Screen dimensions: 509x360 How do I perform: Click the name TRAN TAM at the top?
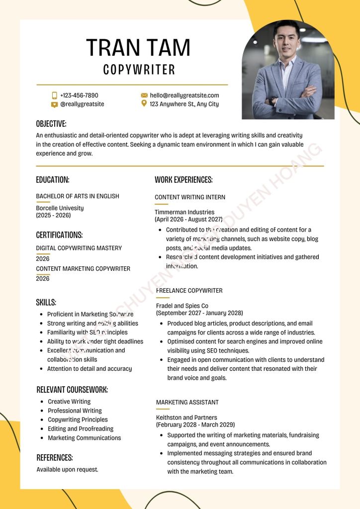click(138, 48)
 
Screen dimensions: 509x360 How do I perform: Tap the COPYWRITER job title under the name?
click(139, 70)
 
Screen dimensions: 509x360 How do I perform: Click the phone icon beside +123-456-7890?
click(55, 95)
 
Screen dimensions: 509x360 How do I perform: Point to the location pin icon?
click(144, 103)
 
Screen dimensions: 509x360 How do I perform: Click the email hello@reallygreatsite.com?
click(184, 95)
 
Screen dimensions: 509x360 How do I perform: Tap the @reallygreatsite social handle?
click(82, 104)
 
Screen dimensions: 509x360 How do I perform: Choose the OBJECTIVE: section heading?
click(51, 124)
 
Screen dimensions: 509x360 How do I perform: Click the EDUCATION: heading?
click(53, 180)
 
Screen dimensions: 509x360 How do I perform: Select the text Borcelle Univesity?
click(60, 208)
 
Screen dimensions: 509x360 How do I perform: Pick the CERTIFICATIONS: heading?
click(59, 235)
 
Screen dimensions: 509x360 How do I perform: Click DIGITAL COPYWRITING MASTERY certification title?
click(79, 248)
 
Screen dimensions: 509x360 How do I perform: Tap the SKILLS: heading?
click(46, 302)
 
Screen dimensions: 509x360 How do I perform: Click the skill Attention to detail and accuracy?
click(90, 369)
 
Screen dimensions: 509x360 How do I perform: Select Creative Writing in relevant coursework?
click(69, 402)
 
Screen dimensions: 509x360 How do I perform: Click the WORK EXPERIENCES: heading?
click(183, 180)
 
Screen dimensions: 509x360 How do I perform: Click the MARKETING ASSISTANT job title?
click(187, 402)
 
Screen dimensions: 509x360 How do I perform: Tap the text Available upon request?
click(67, 469)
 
